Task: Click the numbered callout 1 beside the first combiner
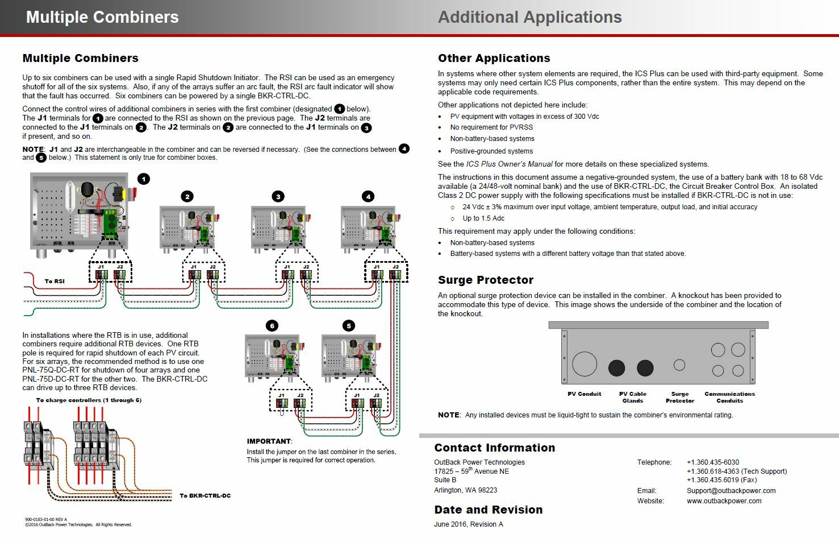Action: [x=144, y=179]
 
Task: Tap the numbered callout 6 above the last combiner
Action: [x=272, y=326]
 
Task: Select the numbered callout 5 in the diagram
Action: [x=349, y=326]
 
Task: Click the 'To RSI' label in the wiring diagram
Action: [x=55, y=281]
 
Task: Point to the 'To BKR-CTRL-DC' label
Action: [x=205, y=495]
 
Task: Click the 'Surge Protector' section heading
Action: [x=485, y=280]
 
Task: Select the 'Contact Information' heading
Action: [x=494, y=448]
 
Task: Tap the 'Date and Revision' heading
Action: [x=488, y=510]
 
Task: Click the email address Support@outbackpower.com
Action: [x=731, y=491]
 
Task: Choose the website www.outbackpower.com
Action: [x=724, y=501]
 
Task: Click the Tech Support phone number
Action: [x=736, y=471]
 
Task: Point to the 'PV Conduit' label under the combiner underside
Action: [x=584, y=394]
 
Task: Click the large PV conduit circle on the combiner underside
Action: [x=584, y=364]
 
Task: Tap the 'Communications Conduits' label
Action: [x=729, y=397]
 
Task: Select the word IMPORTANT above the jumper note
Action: [x=269, y=441]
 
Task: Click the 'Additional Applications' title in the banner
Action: [x=529, y=17]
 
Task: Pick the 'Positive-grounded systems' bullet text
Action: [x=491, y=151]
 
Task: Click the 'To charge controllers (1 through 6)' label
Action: [x=89, y=400]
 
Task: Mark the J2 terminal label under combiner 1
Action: [x=120, y=266]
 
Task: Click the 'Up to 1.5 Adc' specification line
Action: [x=483, y=218]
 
